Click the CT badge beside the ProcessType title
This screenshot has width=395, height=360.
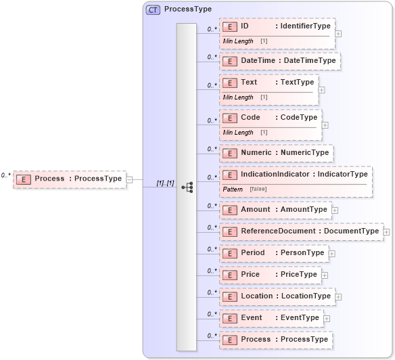(x=153, y=9)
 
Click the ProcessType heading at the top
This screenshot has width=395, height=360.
(x=187, y=9)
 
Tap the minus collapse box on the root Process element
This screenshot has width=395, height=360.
(x=129, y=179)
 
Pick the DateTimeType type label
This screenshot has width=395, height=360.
(x=309, y=61)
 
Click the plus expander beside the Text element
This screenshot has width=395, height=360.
(x=321, y=89)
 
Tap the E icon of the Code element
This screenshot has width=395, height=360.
(x=230, y=118)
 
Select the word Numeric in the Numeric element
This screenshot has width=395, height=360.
(x=256, y=153)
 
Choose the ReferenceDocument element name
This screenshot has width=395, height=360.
(x=278, y=231)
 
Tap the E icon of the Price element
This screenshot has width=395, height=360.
(x=230, y=275)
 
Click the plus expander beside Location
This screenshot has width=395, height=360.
(x=338, y=297)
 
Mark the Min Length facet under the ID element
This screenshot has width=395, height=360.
(x=238, y=41)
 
